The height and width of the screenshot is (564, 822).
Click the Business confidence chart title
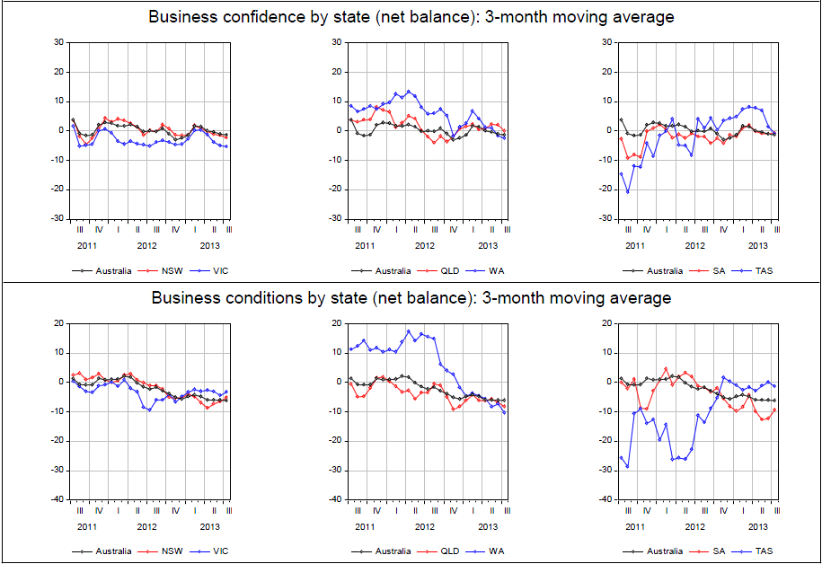[x=411, y=17]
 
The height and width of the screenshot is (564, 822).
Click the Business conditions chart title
[x=411, y=298]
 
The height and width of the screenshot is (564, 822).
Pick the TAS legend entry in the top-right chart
[x=765, y=270]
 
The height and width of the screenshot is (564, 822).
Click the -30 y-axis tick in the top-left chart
[x=56, y=218]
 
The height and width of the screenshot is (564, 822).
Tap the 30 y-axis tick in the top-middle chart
[x=335, y=42]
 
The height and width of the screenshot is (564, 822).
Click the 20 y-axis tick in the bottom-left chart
[x=57, y=323]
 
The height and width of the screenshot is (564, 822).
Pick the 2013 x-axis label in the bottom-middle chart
[x=487, y=526]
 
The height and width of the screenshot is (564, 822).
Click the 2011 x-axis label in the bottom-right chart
[x=635, y=526]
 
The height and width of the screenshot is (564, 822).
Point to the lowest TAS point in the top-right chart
[x=627, y=191]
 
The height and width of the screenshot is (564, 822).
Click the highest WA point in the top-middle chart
[x=409, y=91]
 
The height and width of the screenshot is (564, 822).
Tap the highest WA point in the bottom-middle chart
[x=409, y=330]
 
